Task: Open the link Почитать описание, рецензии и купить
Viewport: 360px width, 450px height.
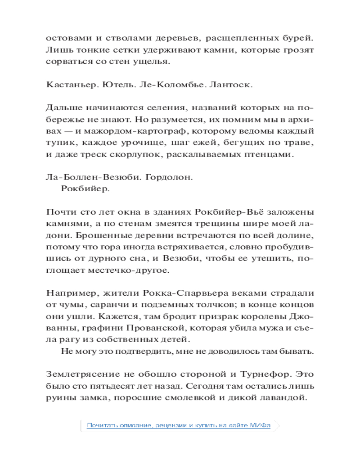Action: point(179,425)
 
